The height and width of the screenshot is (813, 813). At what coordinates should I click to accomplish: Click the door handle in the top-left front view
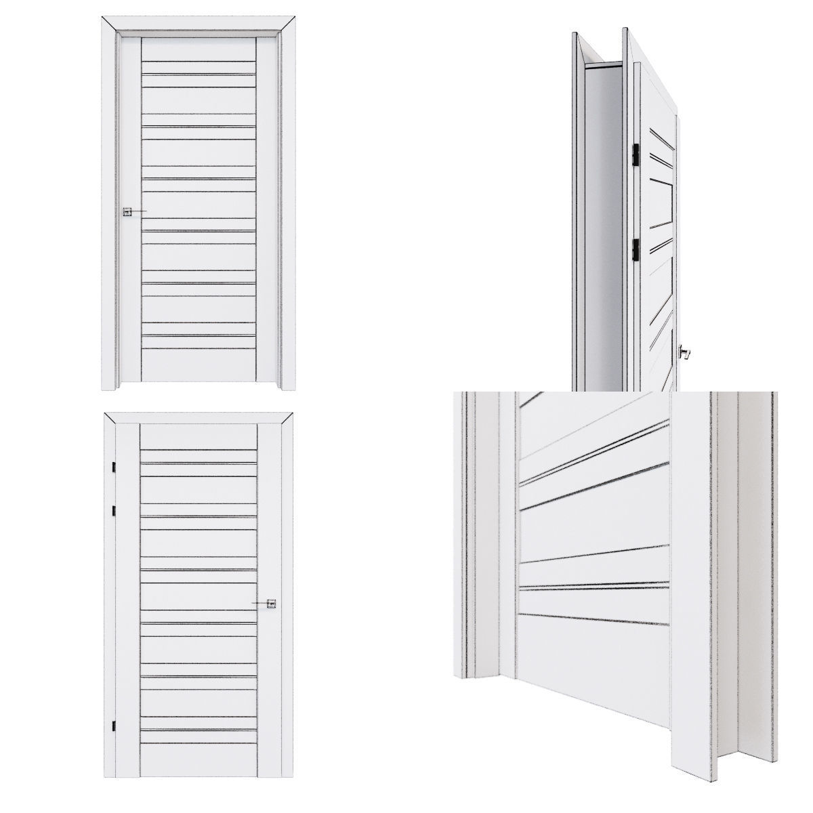[x=127, y=212]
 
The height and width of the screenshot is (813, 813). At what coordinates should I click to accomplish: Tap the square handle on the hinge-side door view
[x=271, y=604]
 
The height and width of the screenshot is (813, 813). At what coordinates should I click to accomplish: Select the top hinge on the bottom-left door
[x=114, y=467]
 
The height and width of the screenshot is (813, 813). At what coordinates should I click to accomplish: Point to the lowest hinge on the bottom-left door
[x=114, y=725]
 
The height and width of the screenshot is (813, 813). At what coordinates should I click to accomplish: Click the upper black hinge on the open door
[x=636, y=154]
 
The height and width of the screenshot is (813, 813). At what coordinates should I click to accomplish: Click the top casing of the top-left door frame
[x=199, y=23]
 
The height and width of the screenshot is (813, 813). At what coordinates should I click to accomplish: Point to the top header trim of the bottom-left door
[x=199, y=417]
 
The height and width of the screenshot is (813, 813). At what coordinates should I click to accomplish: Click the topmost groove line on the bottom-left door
[x=198, y=451]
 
